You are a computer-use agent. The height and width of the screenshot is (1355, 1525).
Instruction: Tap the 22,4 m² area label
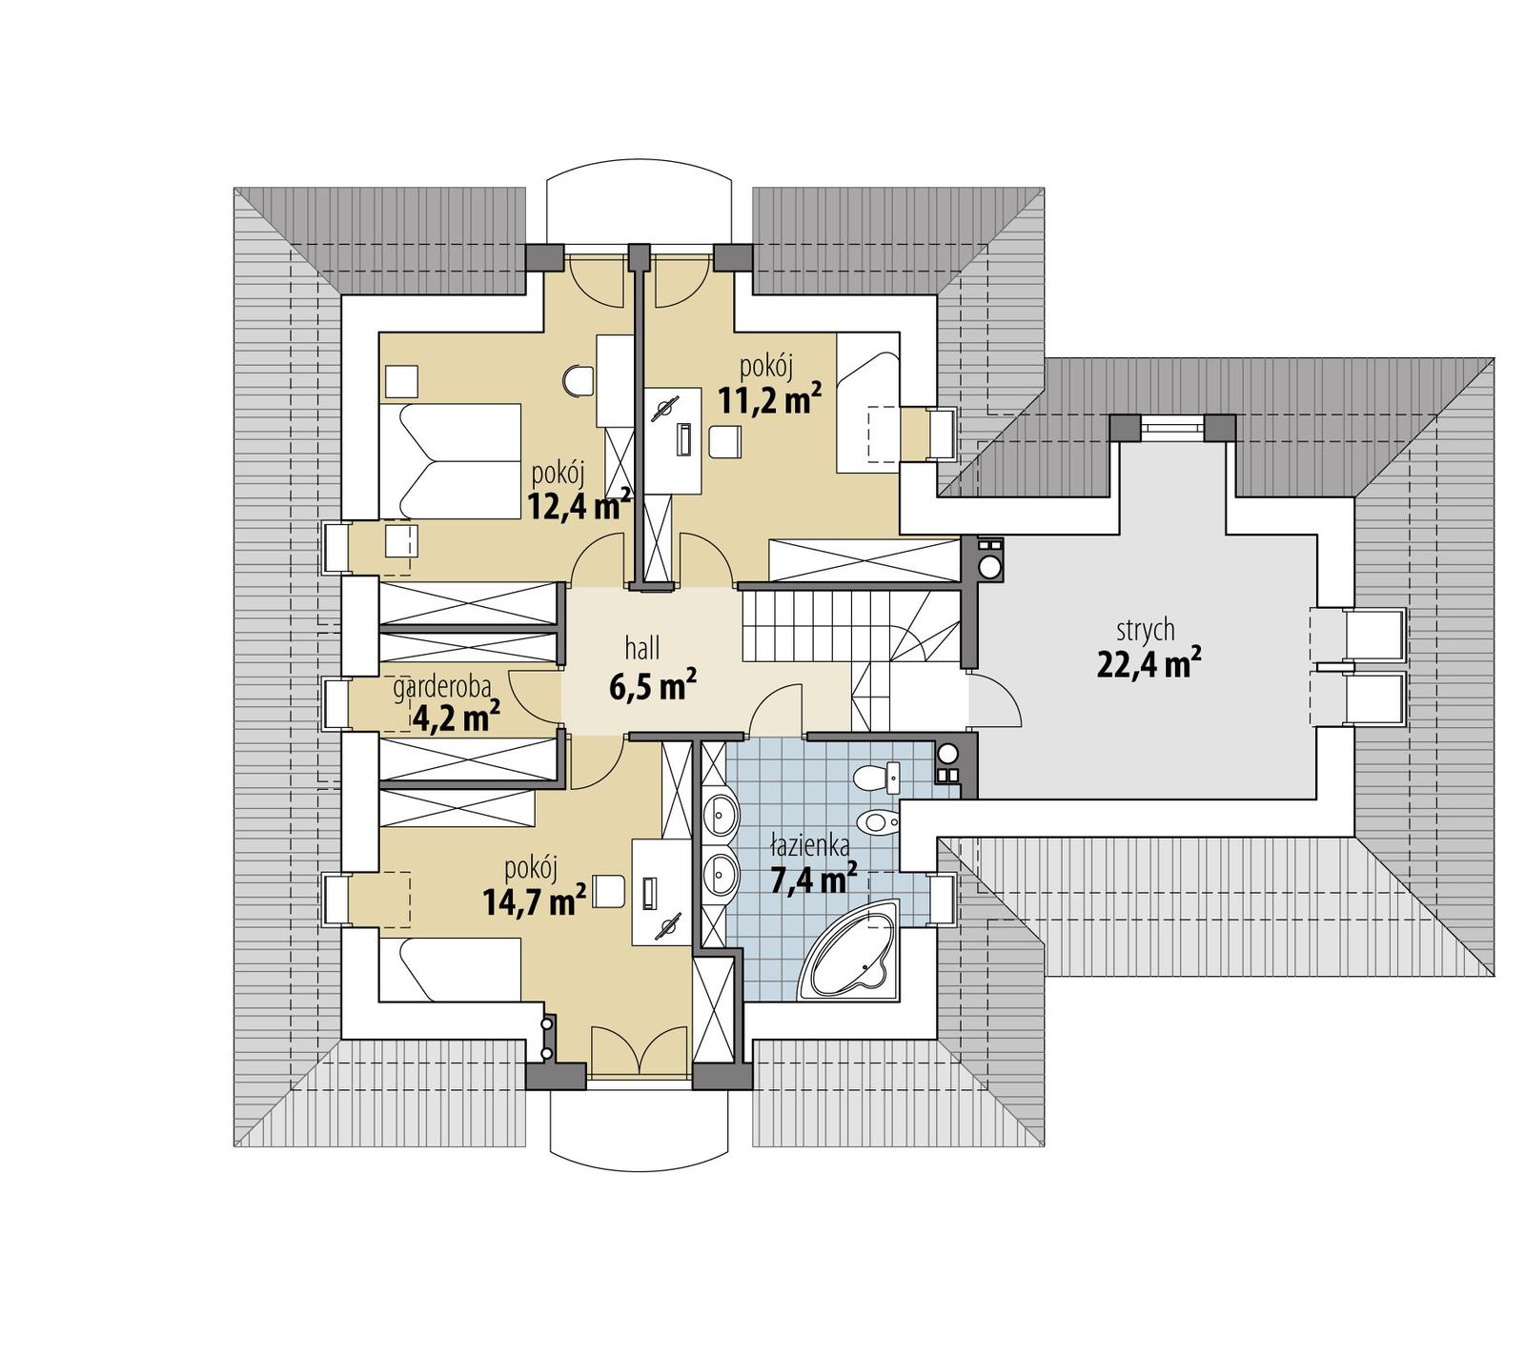pos(1148,662)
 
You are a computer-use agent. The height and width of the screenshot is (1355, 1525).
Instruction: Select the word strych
pos(1146,630)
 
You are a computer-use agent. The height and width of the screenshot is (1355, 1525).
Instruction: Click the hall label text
pos(642,650)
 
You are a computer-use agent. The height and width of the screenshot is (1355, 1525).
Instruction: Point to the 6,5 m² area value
pos(652,685)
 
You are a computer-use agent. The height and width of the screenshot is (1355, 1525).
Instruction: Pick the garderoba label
pos(442,687)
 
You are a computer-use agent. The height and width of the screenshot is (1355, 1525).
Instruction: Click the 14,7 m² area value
pos(534,900)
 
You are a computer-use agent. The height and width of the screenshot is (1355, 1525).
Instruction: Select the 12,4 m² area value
pos(579,505)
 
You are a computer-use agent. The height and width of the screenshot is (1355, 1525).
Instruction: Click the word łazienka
pos(809,844)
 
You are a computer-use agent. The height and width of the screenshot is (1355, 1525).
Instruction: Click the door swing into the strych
pos(996,702)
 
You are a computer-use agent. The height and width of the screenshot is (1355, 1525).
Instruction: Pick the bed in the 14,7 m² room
pos(450,969)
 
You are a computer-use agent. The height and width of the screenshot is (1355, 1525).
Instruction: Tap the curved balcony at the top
pos(640,203)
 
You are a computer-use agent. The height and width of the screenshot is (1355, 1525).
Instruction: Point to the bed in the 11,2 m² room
pos(867,402)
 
